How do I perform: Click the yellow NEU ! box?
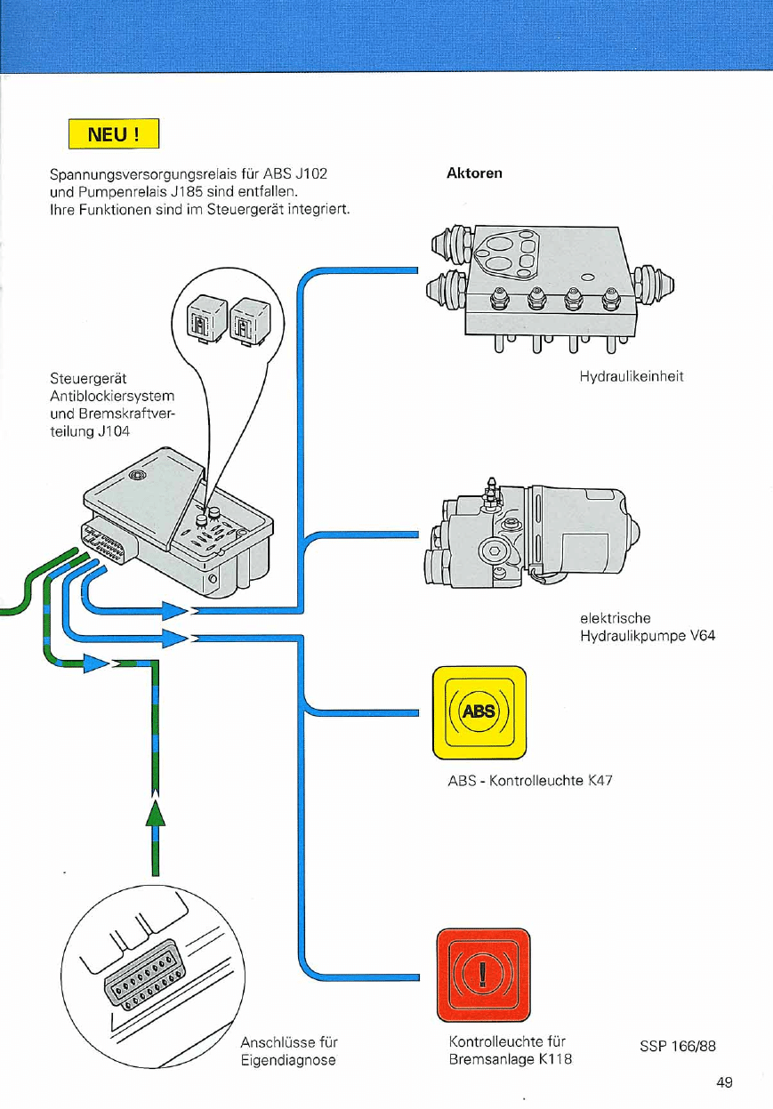click(114, 135)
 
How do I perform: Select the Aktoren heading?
click(473, 173)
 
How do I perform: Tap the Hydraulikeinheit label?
click(631, 377)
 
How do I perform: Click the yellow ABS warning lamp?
click(479, 713)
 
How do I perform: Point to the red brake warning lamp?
click(482, 974)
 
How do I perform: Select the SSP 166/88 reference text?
click(677, 1046)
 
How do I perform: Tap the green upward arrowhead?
click(156, 812)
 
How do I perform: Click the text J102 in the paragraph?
click(310, 173)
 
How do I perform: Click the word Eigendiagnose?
click(288, 1060)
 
